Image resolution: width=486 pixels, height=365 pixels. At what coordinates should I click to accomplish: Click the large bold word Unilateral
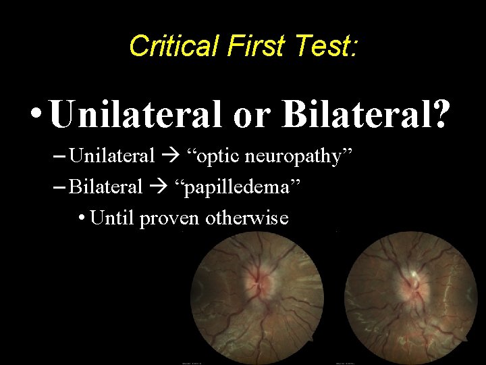(136, 114)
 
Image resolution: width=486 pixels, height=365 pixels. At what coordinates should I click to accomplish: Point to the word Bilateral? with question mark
(365, 114)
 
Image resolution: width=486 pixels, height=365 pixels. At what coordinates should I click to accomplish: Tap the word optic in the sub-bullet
(227, 157)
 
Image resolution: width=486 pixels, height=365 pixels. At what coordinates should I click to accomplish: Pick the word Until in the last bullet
(112, 218)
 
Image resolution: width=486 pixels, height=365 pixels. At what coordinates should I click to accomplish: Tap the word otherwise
(248, 218)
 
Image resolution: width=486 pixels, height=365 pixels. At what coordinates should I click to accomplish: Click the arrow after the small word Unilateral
(175, 157)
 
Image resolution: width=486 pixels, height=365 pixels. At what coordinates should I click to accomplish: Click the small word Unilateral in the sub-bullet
(112, 156)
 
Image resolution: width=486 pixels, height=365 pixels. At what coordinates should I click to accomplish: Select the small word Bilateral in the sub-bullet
(106, 186)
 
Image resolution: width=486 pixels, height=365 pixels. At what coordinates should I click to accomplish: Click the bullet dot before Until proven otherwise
(81, 218)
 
